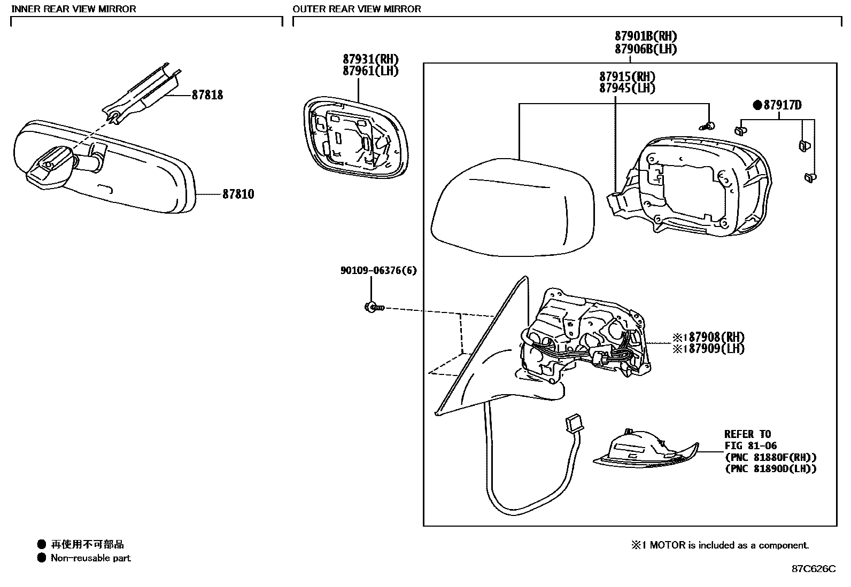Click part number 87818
click(x=207, y=95)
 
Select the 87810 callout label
click(x=238, y=194)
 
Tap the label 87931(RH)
click(x=370, y=59)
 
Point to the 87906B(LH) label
click(x=645, y=49)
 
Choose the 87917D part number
click(x=782, y=105)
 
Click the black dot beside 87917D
click(x=757, y=105)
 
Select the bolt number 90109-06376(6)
click(x=378, y=271)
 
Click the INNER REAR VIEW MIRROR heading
click(x=74, y=9)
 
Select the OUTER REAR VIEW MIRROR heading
click(x=357, y=9)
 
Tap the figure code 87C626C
click(x=813, y=569)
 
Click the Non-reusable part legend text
click(x=90, y=558)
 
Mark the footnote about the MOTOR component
click(x=720, y=545)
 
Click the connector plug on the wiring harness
click(x=573, y=424)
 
